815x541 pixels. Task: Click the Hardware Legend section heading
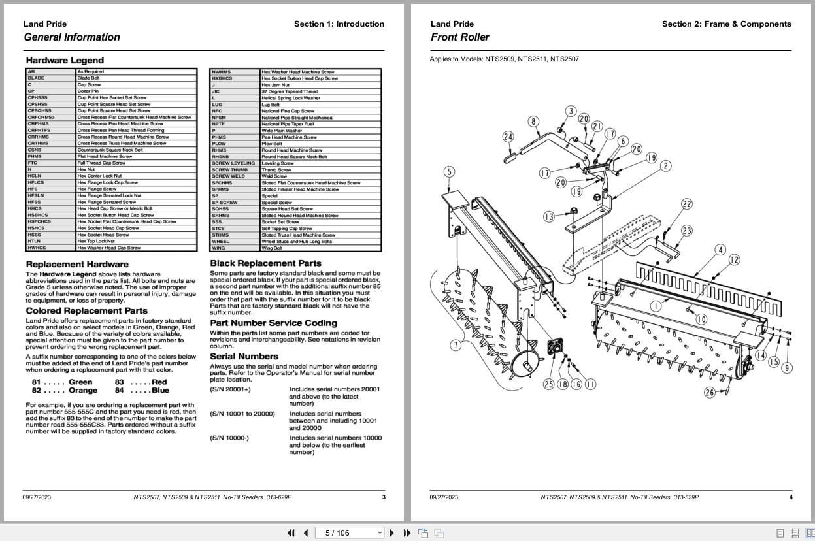tap(64, 61)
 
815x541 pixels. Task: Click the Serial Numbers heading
tap(244, 357)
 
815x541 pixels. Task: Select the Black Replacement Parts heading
tap(265, 263)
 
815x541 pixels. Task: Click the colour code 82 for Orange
tap(37, 391)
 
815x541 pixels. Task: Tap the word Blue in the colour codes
tap(160, 391)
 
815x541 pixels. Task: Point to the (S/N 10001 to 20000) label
tap(242, 414)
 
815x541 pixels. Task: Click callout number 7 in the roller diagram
tap(455, 346)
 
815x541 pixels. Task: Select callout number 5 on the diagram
tap(448, 172)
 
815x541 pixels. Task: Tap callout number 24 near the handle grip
tap(508, 137)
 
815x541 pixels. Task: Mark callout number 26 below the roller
tap(710, 393)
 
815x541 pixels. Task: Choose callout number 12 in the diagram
tap(734, 260)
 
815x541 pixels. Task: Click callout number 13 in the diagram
tap(548, 217)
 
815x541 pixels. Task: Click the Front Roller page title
tap(459, 37)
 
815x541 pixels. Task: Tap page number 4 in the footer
tap(790, 497)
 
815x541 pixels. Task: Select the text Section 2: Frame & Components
tap(726, 24)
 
